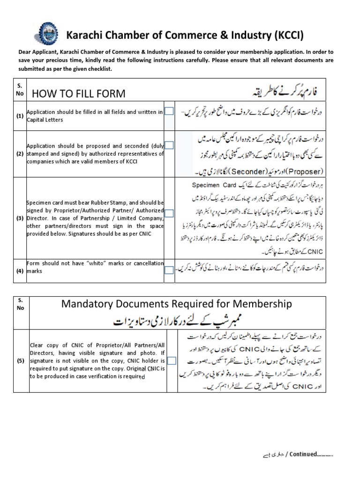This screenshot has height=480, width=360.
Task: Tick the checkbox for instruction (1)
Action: pyautogui.click(x=169, y=111)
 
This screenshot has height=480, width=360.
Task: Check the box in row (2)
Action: pyautogui.click(x=169, y=145)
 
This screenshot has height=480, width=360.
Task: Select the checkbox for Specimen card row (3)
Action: pyautogui.click(x=169, y=213)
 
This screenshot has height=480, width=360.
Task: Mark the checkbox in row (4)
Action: pyautogui.click(x=169, y=270)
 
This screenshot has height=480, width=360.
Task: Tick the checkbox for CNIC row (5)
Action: pyautogui.click(x=172, y=360)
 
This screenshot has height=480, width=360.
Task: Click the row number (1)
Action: pyautogui.click(x=20, y=115)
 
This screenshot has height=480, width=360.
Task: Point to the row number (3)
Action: pyautogui.click(x=20, y=218)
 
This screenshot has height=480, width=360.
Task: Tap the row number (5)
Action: pyautogui.click(x=20, y=361)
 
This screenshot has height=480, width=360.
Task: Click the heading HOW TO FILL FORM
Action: pyautogui.click(x=78, y=93)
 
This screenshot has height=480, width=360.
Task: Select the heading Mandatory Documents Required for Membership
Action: pyautogui.click(x=177, y=304)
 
